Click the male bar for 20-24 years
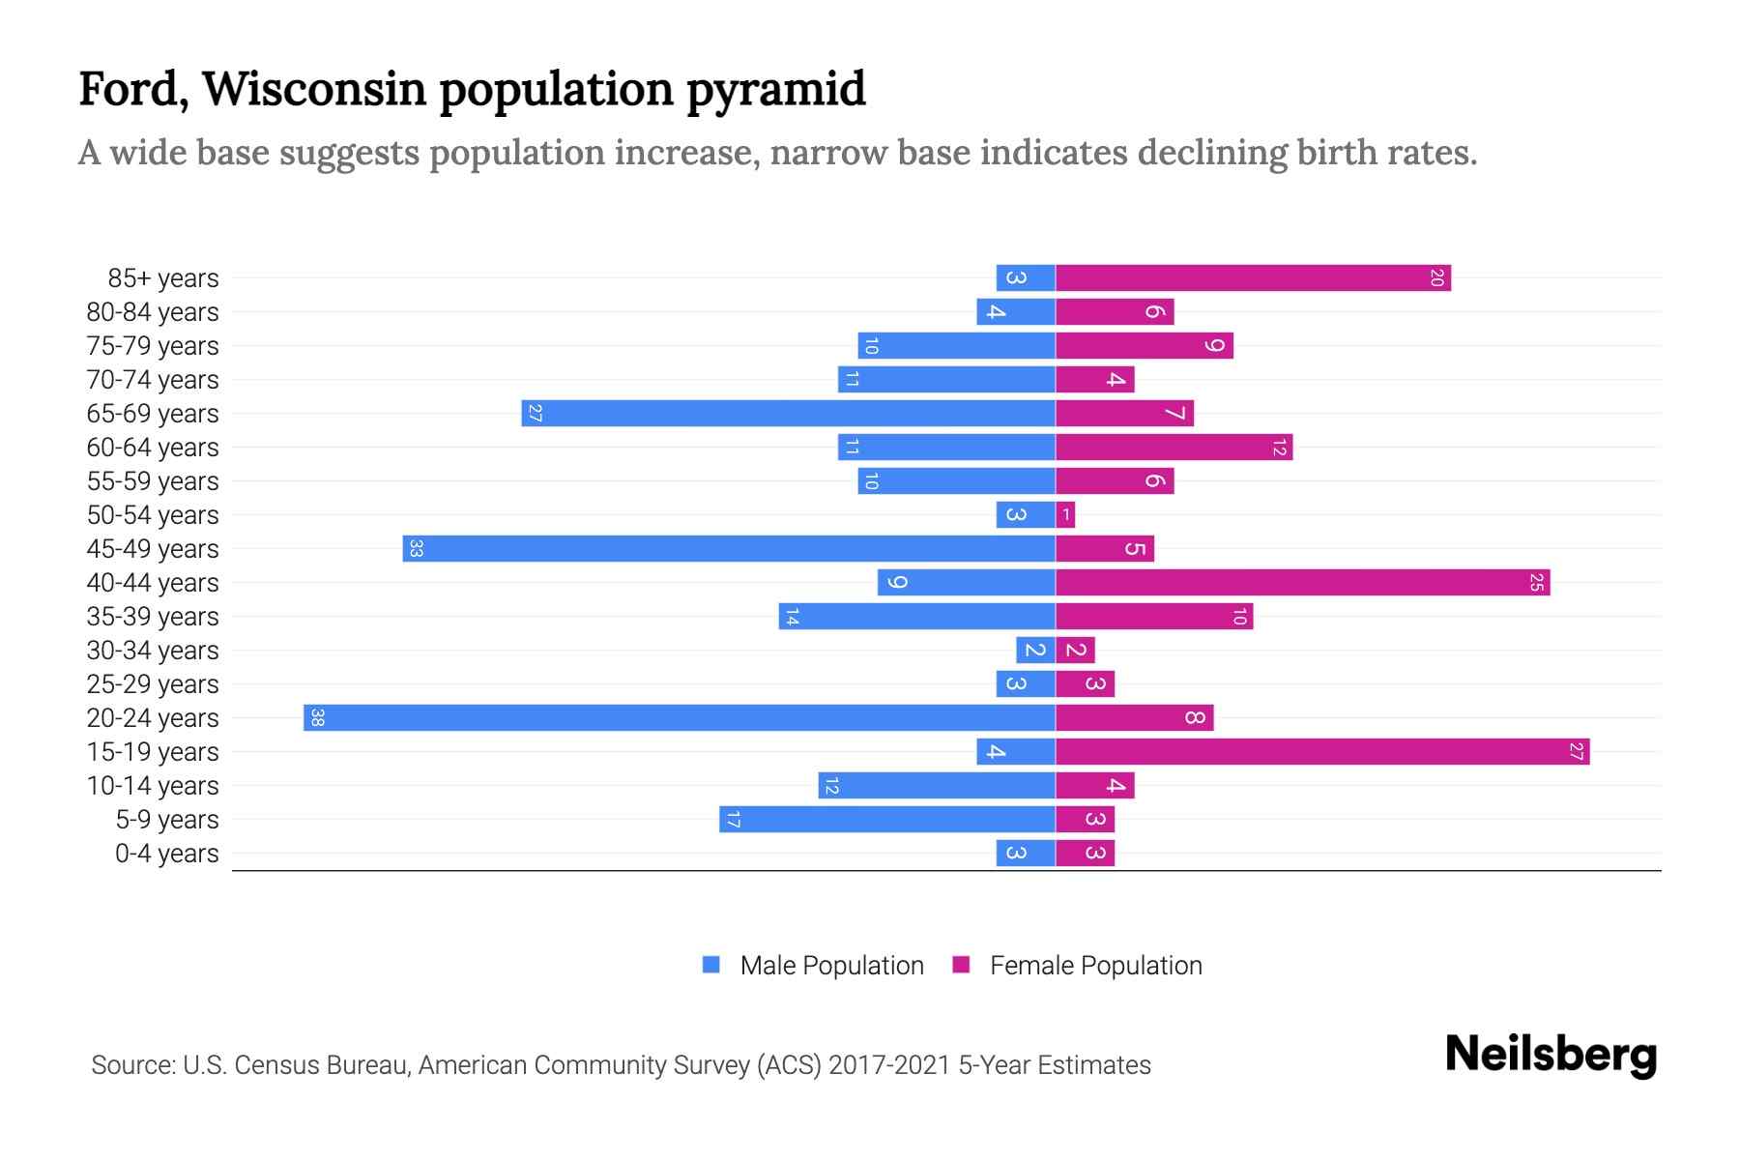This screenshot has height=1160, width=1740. click(679, 717)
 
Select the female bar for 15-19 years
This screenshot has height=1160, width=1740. click(1322, 751)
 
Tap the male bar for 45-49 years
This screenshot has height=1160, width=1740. click(729, 548)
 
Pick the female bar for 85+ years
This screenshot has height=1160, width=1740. click(1253, 277)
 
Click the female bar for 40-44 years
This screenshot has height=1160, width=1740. click(1302, 582)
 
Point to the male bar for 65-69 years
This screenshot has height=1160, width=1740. click(788, 413)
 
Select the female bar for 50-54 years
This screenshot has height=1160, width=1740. click(1065, 514)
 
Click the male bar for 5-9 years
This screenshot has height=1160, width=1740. click(887, 819)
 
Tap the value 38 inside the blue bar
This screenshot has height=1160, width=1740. click(317, 717)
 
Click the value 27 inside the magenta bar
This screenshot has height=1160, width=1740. click(1576, 751)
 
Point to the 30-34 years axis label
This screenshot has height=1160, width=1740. click(153, 650)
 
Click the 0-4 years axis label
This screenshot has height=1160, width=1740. click(166, 853)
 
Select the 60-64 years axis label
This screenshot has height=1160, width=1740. click(153, 447)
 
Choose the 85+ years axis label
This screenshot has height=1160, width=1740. click(163, 277)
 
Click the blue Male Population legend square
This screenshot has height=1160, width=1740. click(711, 965)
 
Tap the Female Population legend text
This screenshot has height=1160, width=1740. click(1095, 965)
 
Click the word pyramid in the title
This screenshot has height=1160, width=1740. click(776, 89)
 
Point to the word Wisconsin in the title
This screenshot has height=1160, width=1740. click(314, 89)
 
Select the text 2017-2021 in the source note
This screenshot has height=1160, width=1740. click(889, 1064)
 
